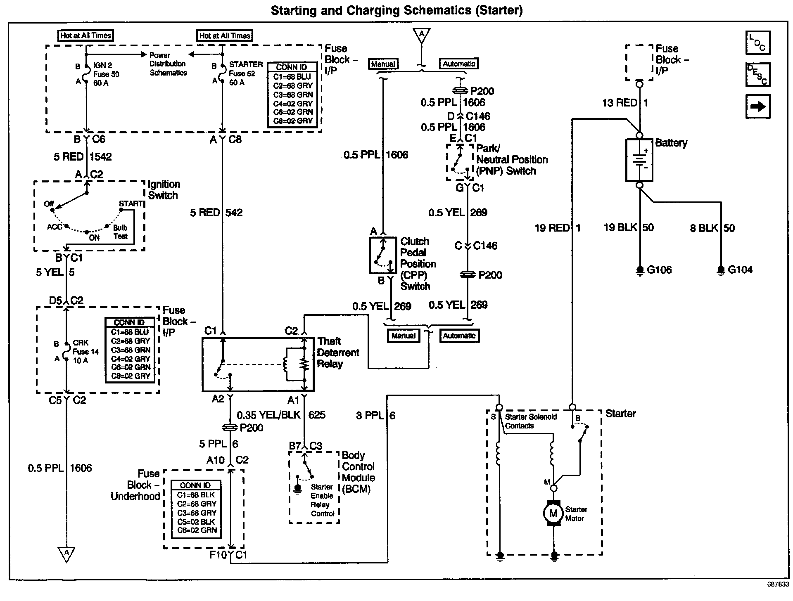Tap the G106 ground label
[x=659, y=270]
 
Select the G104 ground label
[x=740, y=270]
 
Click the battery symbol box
[x=639, y=160]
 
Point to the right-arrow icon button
[x=758, y=106]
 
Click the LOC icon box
[x=758, y=43]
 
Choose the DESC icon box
[x=758, y=75]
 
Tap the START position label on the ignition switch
[x=131, y=203]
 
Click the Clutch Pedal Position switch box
[x=383, y=255]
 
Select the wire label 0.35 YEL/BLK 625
[x=281, y=414]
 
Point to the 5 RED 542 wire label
[x=216, y=213]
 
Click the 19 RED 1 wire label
[x=558, y=227]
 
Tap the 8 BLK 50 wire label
[x=712, y=228]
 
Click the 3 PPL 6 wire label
[x=375, y=415]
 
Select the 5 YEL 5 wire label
[x=55, y=272]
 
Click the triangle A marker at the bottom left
[x=66, y=554]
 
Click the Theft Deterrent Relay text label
[x=338, y=353]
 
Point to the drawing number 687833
[x=778, y=584]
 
